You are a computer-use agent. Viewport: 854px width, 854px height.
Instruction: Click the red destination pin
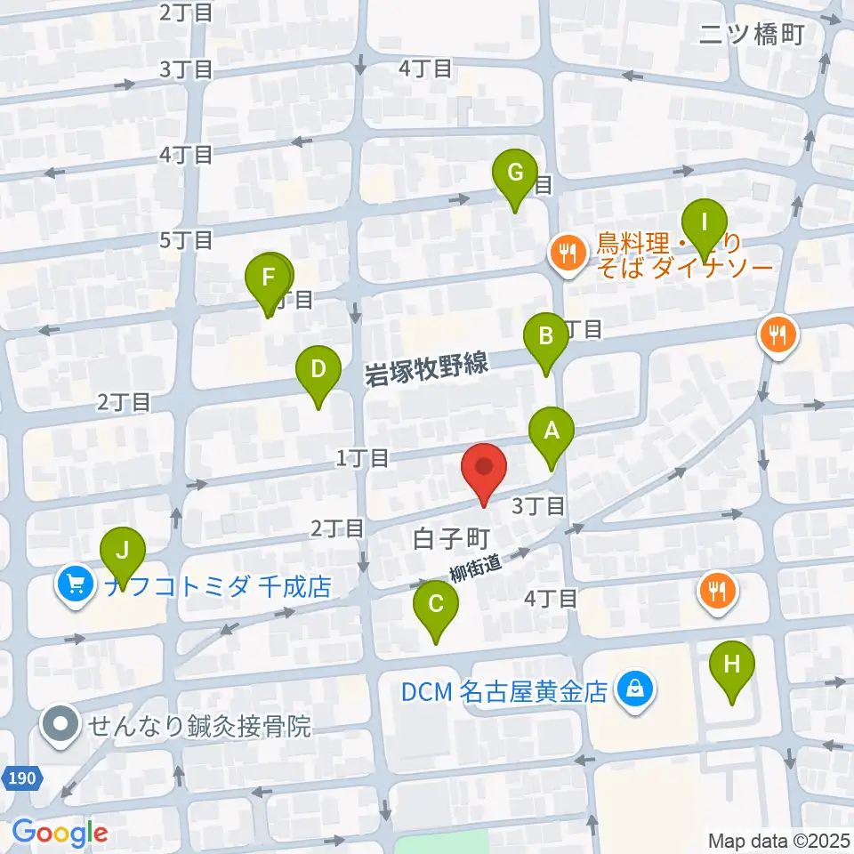point(484,469)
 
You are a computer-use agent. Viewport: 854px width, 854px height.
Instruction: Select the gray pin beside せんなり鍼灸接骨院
point(60,724)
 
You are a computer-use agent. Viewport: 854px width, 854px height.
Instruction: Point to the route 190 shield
point(23,779)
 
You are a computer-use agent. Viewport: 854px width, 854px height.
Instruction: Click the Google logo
point(59,833)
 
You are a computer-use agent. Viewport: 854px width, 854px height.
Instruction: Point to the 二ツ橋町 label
point(752,35)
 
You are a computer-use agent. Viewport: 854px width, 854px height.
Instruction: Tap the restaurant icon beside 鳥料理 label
point(566,252)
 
